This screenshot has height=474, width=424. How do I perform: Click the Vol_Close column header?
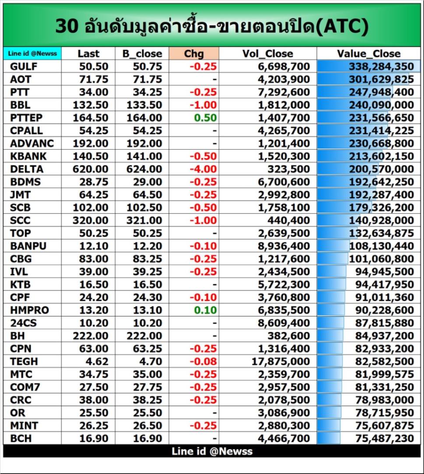tap(267, 53)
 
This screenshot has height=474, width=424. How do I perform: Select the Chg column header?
tap(194, 53)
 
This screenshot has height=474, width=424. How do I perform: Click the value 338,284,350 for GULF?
tap(381, 67)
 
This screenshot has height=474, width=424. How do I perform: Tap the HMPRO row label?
tap(29, 310)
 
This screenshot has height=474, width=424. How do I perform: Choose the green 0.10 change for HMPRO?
tap(209, 310)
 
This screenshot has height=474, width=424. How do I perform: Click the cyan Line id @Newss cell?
tap(32, 53)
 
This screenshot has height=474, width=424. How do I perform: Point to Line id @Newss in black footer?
tap(212, 451)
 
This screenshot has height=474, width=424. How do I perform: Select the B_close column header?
tap(142, 53)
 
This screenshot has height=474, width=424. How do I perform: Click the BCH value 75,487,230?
tap(381, 438)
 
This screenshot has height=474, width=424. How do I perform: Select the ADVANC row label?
tap(32, 143)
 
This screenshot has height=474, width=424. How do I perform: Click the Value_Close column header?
tap(368, 53)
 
